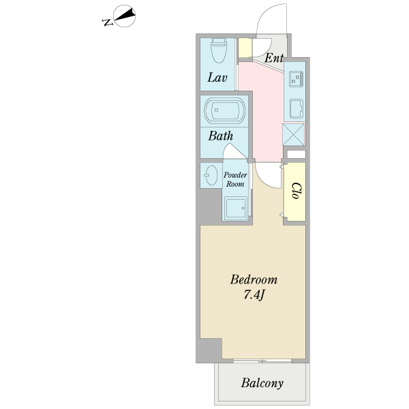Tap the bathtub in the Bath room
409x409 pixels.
(225, 110)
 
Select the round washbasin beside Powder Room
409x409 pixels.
(211, 175)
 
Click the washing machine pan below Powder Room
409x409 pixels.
(236, 208)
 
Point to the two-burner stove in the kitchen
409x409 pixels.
(297, 78)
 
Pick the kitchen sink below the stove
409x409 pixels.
(297, 108)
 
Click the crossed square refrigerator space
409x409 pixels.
(294, 134)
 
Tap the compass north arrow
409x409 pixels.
(125, 16)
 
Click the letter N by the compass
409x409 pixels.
(108, 22)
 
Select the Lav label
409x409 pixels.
(217, 78)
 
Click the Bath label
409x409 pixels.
(221, 136)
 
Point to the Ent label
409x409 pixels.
(274, 58)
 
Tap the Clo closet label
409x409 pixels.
(297, 191)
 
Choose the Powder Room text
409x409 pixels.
(235, 179)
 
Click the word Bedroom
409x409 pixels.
(254, 279)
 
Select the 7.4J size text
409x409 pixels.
(254, 295)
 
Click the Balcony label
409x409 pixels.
(262, 383)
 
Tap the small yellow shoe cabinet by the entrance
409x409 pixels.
(245, 48)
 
